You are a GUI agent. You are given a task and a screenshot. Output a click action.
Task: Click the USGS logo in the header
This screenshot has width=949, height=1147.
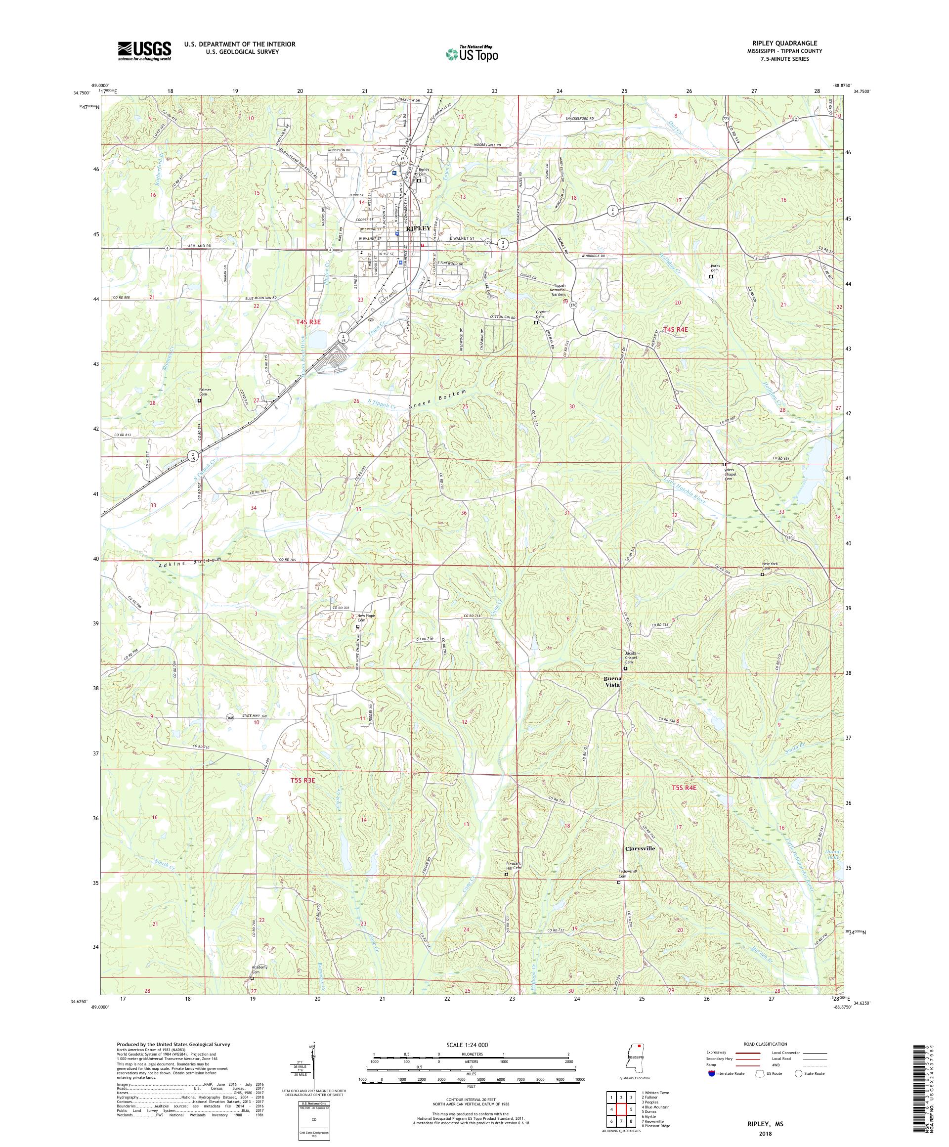(x=145, y=51)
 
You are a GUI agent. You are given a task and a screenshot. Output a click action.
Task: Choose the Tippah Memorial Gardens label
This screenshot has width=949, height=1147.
(x=568, y=290)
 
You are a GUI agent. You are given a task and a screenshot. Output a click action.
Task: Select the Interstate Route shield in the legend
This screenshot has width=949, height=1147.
(x=710, y=1073)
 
